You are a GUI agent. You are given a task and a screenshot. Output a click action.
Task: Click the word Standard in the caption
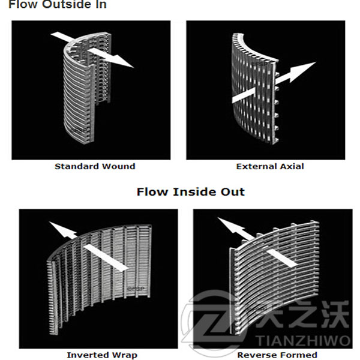pyautogui.click(x=77, y=166)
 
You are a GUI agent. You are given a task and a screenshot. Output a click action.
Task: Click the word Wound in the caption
pyautogui.click(x=119, y=166)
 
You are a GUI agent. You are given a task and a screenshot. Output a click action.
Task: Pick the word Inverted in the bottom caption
pyautogui.click(x=89, y=355)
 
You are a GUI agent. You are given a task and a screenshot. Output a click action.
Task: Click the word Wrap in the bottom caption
pyautogui.click(x=125, y=355)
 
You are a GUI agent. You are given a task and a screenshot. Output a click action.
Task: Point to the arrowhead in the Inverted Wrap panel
pyautogui.click(x=60, y=230)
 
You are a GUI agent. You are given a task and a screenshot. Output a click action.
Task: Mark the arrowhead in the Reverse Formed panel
pyautogui.click(x=229, y=226)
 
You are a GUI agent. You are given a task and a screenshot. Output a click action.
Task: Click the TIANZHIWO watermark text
pyautogui.click(x=302, y=340)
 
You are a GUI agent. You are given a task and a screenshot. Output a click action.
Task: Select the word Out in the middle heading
pyautogui.click(x=233, y=192)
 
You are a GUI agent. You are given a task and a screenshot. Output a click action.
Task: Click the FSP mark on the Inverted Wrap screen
pyautogui.click(x=136, y=289)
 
